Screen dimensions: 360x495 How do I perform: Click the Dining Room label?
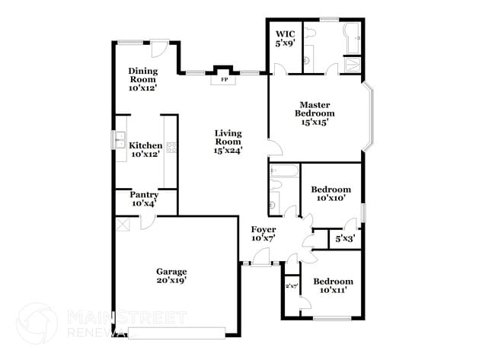tap(142, 79)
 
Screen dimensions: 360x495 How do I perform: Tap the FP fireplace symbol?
tap(224, 78)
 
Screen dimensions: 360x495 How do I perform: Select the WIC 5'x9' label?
tap(285, 39)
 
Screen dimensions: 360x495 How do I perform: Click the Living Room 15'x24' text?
tap(228, 141)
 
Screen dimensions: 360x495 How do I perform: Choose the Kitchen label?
tap(145, 149)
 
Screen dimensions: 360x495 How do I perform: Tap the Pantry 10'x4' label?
tap(144, 199)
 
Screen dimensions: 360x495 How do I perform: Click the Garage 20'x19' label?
tap(171, 276)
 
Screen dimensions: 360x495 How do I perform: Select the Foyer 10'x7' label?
tap(263, 234)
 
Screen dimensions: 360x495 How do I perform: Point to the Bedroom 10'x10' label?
tap(331, 193)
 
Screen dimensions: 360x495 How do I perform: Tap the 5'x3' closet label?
tap(344, 239)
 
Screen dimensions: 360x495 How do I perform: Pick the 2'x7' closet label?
tap(291, 286)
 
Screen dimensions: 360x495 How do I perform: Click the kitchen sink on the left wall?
tap(120, 141)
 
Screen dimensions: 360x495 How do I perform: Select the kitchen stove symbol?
tap(171, 147)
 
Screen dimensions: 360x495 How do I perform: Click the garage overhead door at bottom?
tap(177, 332)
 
